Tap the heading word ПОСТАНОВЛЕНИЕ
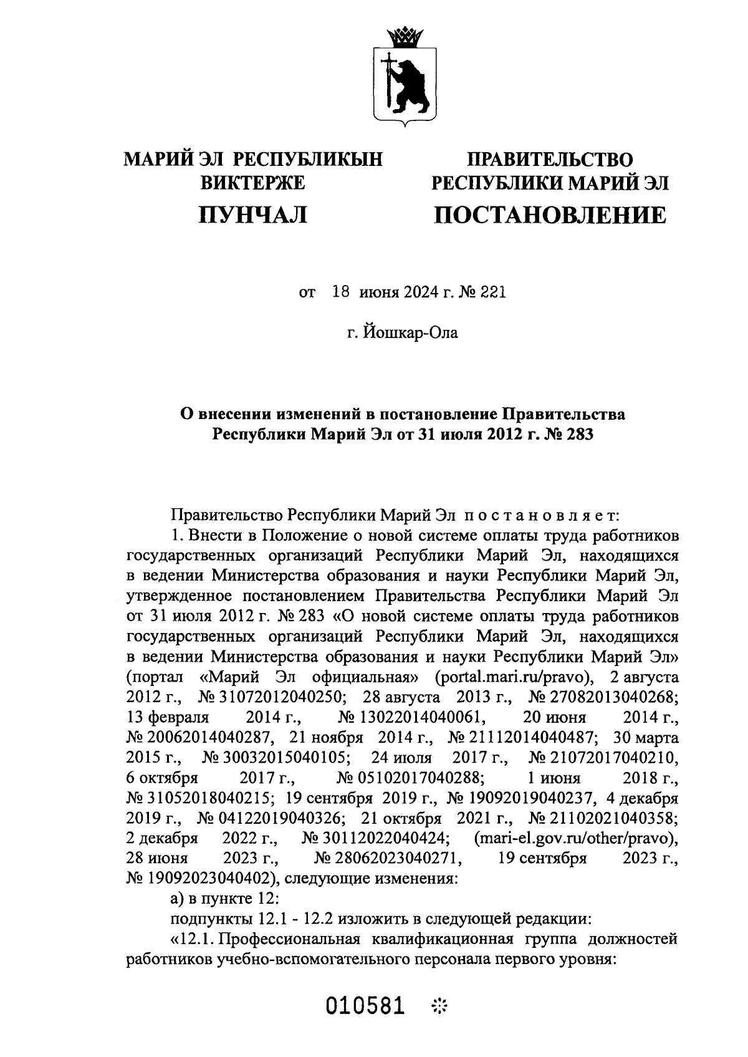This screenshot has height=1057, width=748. click(549, 216)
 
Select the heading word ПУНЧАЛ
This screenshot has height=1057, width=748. click(253, 216)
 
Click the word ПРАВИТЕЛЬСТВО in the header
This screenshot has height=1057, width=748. click(550, 160)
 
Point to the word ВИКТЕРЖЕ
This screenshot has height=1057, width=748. click(252, 183)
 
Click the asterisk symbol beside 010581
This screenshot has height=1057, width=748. click(440, 1006)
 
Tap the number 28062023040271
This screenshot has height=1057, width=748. click(389, 858)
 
